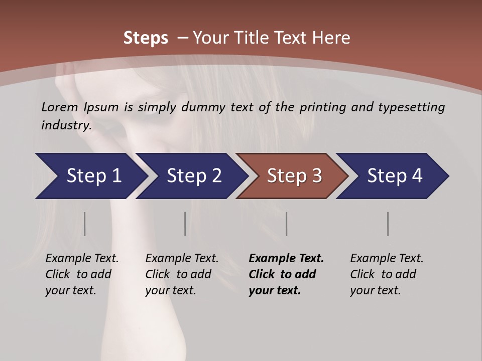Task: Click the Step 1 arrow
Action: (x=90, y=176)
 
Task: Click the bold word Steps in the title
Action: (x=146, y=38)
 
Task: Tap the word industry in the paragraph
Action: (x=66, y=125)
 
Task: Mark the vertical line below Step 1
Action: (x=85, y=224)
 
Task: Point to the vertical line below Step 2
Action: (x=185, y=224)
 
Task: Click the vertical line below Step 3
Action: (x=287, y=224)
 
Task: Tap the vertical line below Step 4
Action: (x=388, y=224)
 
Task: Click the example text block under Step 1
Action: (x=81, y=274)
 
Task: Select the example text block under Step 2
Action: (x=181, y=274)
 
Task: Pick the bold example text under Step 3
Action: (x=286, y=274)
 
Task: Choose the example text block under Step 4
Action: (x=386, y=274)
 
